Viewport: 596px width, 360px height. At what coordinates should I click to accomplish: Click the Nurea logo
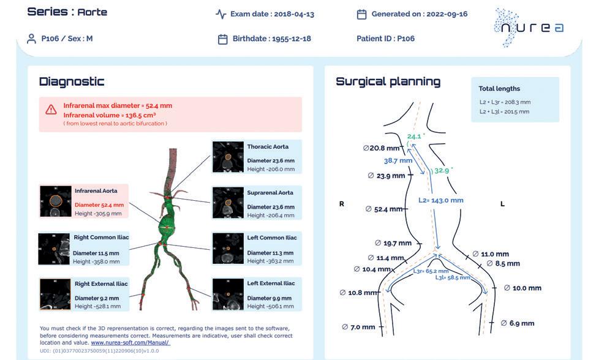point(529,27)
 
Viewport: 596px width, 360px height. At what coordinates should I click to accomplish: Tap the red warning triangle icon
point(51,110)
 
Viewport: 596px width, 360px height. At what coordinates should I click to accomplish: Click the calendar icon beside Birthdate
point(223,39)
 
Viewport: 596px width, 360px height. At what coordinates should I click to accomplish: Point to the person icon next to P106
point(31,39)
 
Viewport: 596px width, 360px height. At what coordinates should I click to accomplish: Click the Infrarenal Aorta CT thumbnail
point(55,201)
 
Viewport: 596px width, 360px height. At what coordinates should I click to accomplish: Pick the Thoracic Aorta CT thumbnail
point(228,157)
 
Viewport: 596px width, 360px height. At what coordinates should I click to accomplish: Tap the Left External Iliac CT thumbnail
point(228,295)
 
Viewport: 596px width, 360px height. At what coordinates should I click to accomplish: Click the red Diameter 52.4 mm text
point(99,205)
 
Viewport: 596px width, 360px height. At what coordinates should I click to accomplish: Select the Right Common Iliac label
point(102,238)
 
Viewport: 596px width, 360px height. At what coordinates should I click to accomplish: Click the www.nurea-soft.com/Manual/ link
point(130,343)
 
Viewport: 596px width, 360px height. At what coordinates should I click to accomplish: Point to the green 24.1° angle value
point(415,137)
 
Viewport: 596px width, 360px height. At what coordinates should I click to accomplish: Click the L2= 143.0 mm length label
point(440,200)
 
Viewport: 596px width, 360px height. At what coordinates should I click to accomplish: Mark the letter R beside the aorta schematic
point(342,204)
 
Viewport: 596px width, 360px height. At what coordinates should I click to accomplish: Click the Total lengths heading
point(499,89)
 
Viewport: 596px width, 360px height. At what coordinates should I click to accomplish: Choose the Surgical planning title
point(388,81)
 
